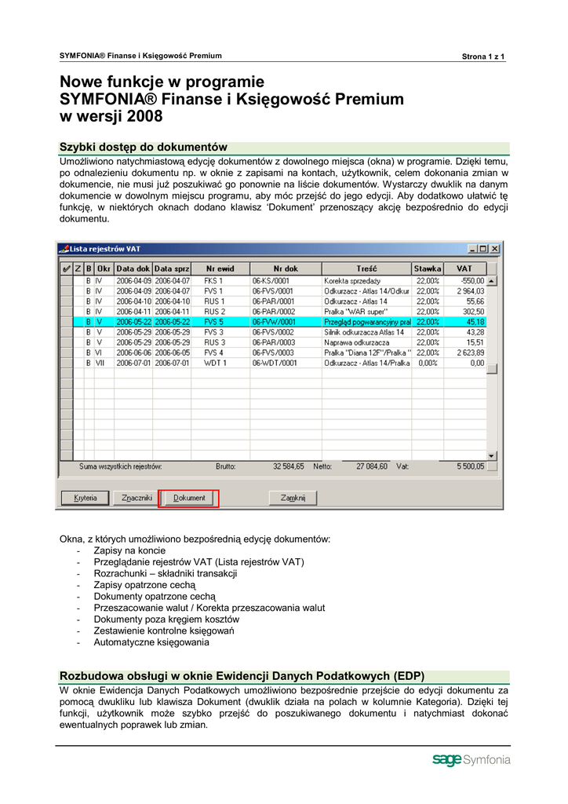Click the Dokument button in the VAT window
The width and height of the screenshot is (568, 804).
click(188, 498)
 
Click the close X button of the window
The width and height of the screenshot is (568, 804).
click(494, 249)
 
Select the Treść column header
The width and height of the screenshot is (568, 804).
click(366, 269)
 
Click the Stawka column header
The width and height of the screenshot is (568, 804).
click(428, 269)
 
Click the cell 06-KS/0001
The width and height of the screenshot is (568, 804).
click(271, 280)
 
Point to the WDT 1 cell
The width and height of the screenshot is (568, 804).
click(214, 363)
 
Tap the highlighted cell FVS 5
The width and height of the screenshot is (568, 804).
click(214, 322)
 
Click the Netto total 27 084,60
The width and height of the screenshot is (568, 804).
click(371, 466)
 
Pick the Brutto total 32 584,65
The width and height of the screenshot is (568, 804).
click(288, 466)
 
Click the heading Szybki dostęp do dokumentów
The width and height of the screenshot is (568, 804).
click(144, 147)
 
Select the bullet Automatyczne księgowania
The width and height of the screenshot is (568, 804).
click(151, 642)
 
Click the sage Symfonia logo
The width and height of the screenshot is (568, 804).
click(471, 760)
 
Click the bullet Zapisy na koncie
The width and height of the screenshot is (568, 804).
click(129, 551)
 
